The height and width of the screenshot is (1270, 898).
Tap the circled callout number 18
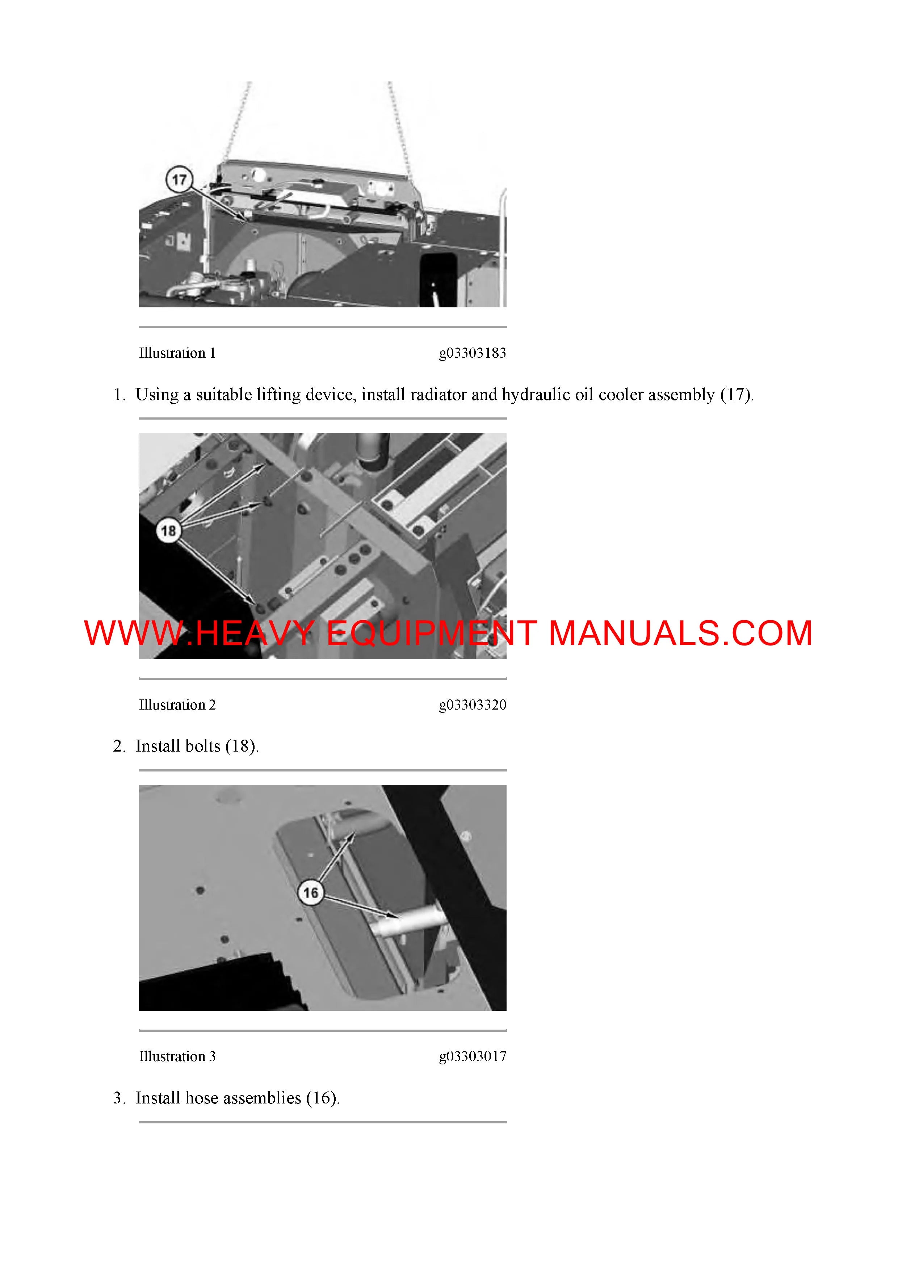tap(168, 531)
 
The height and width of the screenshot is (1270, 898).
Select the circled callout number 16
tap(311, 893)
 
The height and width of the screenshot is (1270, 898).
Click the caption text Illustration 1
tap(177, 353)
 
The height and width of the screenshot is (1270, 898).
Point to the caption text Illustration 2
tap(177, 705)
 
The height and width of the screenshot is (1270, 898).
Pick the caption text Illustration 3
tap(177, 1056)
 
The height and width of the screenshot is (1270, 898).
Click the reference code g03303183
tap(473, 353)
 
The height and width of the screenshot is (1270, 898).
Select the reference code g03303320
tap(473, 705)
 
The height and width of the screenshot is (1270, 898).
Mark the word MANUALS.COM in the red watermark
tap(680, 633)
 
